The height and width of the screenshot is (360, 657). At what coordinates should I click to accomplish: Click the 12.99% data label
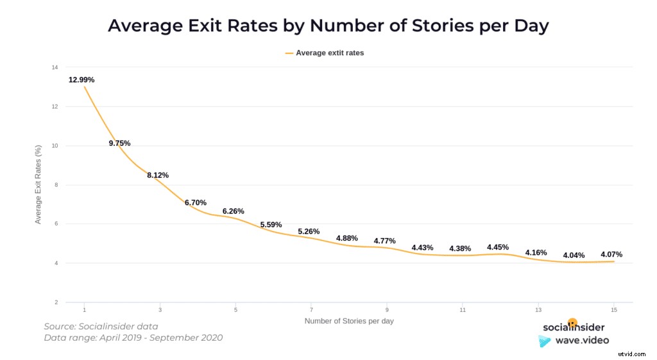pyautogui.click(x=81, y=80)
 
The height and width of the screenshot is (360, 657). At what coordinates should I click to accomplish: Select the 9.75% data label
pyautogui.click(x=119, y=143)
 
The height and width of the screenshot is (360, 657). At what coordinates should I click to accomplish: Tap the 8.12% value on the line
pyautogui.click(x=157, y=175)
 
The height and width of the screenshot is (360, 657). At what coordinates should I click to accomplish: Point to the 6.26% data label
pyautogui.click(x=233, y=211)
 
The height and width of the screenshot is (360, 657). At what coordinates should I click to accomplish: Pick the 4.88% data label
pyautogui.click(x=346, y=238)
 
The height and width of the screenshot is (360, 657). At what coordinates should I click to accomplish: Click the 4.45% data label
pyautogui.click(x=498, y=247)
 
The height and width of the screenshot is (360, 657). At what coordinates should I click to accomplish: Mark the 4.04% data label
pyautogui.click(x=574, y=255)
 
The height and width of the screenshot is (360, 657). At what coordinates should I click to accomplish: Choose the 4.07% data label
pyautogui.click(x=611, y=254)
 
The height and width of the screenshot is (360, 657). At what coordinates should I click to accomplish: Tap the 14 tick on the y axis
pyautogui.click(x=55, y=67)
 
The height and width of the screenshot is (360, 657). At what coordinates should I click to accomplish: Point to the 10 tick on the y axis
pyautogui.click(x=55, y=146)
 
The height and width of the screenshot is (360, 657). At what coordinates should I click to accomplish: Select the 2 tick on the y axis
pyautogui.click(x=56, y=302)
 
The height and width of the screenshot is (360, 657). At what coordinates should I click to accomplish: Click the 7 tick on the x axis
pyautogui.click(x=311, y=309)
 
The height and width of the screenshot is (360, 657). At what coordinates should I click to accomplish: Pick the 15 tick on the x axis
pyautogui.click(x=614, y=309)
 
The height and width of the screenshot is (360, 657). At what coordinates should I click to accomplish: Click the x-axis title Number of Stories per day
pyautogui.click(x=348, y=320)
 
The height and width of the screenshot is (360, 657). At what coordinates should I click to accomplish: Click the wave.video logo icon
pyautogui.click(x=545, y=341)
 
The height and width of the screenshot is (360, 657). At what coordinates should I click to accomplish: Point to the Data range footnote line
pyautogui.click(x=133, y=338)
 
